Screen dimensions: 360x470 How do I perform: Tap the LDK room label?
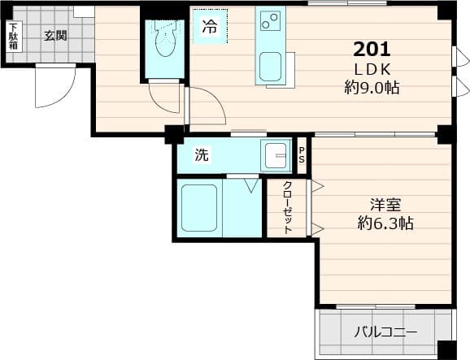click(x=372, y=68)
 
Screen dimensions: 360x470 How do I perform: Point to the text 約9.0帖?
click(x=372, y=88)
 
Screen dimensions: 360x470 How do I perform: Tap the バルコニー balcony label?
click(x=385, y=332)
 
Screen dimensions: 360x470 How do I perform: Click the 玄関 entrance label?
click(x=54, y=35)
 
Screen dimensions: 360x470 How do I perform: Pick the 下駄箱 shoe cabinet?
click(x=14, y=37)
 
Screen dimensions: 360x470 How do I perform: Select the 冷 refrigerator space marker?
click(x=210, y=27)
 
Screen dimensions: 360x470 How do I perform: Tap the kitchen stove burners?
click(x=269, y=19)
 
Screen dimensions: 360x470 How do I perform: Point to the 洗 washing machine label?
click(x=201, y=155)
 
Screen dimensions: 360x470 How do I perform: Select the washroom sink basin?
click(x=276, y=154)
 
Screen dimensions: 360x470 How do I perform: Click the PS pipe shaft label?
click(x=302, y=154)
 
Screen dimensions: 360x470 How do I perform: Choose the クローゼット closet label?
click(x=287, y=209)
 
